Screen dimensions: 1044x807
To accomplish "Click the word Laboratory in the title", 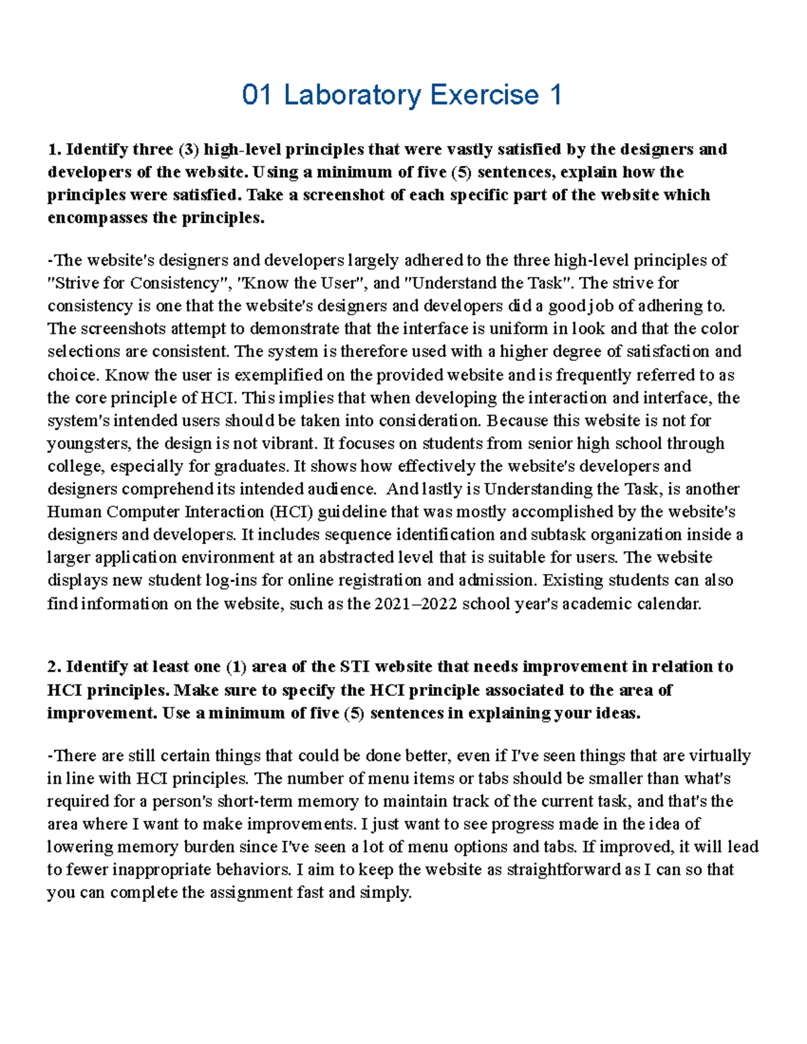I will (x=353, y=95).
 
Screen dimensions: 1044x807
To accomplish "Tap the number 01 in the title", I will (x=257, y=95).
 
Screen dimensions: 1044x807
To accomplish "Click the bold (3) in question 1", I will (x=189, y=149).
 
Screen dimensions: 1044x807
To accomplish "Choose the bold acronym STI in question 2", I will (x=354, y=667).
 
